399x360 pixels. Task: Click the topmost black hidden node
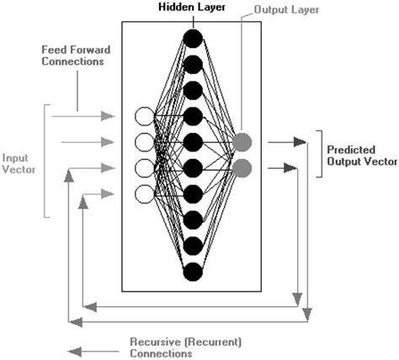pos(193,38)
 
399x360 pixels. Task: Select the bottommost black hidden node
pos(193,271)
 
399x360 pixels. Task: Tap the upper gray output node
pos(242,142)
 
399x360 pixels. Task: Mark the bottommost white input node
pos(144,194)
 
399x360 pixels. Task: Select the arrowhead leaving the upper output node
pos(300,143)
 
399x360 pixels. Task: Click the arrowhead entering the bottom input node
pos(108,194)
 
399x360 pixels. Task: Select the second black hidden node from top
pos(193,64)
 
